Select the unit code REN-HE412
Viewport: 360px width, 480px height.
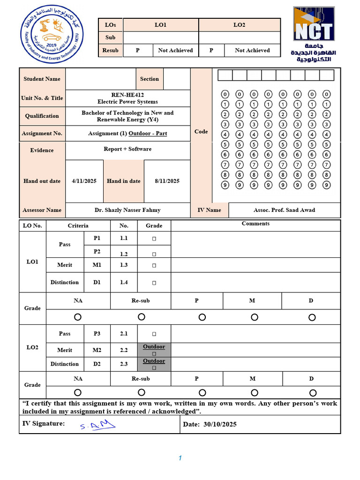pyautogui.click(x=127, y=95)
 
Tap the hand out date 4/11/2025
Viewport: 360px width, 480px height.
pyautogui.click(x=84, y=181)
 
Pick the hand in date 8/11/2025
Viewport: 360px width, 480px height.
pyautogui.click(x=167, y=181)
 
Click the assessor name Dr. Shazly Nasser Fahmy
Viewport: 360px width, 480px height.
pyautogui.click(x=127, y=210)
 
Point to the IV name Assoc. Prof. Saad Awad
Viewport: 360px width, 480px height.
pyautogui.click(x=284, y=210)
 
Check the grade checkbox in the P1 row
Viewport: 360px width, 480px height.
pyautogui.click(x=154, y=239)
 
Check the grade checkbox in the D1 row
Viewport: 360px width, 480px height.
pyautogui.click(x=154, y=283)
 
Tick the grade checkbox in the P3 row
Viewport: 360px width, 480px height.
pyautogui.click(x=154, y=334)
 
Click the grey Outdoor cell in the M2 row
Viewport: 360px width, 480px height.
pyautogui.click(x=154, y=350)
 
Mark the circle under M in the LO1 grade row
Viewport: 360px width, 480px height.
pyautogui.click(x=254, y=317)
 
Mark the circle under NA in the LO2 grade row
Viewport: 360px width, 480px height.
pyautogui.click(x=78, y=392)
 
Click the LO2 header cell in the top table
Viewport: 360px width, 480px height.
pyautogui.click(x=239, y=25)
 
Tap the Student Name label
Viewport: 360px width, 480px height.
pyautogui.click(x=42, y=79)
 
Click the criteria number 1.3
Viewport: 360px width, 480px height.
pyautogui.click(x=124, y=265)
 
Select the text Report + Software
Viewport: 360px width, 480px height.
pyautogui.click(x=127, y=149)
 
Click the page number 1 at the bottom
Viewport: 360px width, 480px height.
pyautogui.click(x=180, y=458)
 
